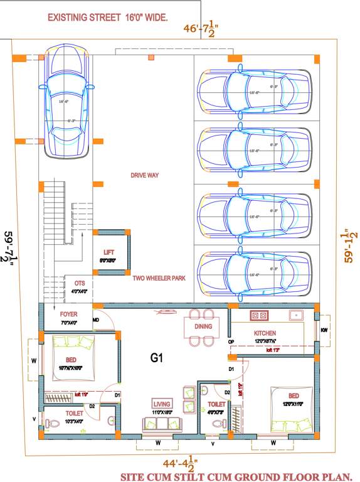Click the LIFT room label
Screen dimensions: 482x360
coord(109,253)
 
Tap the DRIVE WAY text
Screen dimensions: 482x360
coord(144,176)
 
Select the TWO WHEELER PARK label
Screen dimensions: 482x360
coord(158,277)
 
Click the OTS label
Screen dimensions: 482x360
coord(79,283)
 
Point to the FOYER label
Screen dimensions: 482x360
coord(69,314)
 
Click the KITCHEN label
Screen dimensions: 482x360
coord(265,333)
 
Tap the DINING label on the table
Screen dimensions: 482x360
coord(203,326)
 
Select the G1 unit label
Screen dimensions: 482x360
coord(157,358)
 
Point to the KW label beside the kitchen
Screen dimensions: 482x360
coord(324,329)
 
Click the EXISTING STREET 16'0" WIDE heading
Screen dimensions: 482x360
coord(108,18)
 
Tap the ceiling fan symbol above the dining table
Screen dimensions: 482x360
coord(167,310)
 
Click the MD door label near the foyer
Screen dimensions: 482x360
coord(96,321)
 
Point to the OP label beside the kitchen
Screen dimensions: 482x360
coord(231,341)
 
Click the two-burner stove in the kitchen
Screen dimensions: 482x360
coord(259,314)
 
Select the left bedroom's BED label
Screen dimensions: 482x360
coord(71,360)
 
